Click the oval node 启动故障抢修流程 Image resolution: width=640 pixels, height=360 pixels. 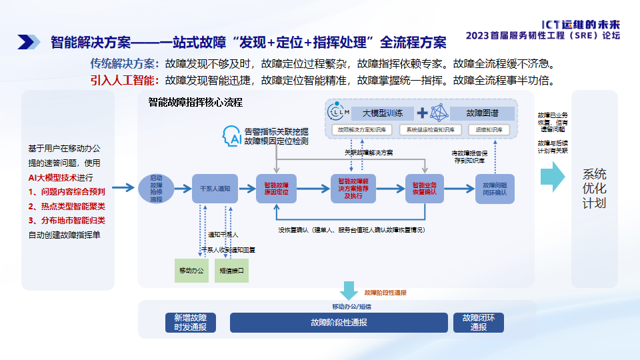click(x=156, y=188)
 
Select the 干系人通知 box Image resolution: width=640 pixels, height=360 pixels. click(x=215, y=189)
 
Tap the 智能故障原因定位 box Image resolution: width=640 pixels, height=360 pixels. click(x=276, y=188)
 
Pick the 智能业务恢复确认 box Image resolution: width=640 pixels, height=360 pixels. click(x=425, y=188)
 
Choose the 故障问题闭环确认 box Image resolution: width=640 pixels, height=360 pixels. click(x=495, y=188)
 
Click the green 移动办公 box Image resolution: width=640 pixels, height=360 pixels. click(x=191, y=271)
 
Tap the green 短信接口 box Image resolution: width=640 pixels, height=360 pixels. click(x=231, y=271)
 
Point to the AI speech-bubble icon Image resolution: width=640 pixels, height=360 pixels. click(x=231, y=136)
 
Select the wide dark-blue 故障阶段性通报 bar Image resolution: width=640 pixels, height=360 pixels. click(x=339, y=323)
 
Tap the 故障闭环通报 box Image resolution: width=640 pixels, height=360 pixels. click(x=479, y=323)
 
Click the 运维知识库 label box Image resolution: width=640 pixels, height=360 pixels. click(x=490, y=129)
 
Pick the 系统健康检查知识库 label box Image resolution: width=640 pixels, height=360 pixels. click(x=431, y=129)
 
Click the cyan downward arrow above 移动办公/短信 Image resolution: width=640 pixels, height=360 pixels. click(x=348, y=291)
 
